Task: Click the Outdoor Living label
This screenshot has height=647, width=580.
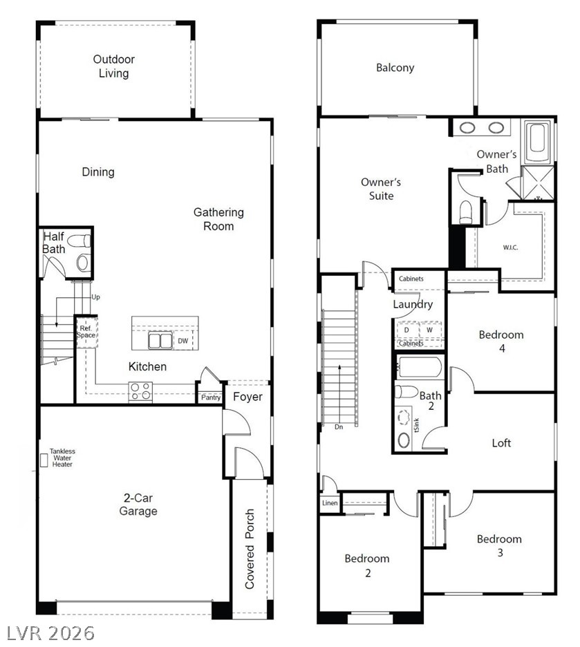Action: [x=113, y=66]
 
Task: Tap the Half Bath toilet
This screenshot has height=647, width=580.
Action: [x=79, y=241]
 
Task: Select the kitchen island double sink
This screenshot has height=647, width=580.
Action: [x=160, y=341]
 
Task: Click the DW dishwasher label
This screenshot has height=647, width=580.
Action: [x=183, y=341]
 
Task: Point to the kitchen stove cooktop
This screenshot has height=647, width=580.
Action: [x=140, y=391]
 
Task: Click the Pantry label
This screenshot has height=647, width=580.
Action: [x=211, y=397]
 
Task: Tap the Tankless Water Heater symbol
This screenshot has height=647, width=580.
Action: [x=44, y=460]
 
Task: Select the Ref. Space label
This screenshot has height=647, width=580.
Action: [x=86, y=332]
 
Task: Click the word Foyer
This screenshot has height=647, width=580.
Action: [x=247, y=397]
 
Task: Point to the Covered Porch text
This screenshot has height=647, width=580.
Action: [x=249, y=549]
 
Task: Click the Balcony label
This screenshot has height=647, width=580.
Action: [x=395, y=68]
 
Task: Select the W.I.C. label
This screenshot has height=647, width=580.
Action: [x=510, y=247]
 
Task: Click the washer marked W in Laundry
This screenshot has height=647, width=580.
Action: [x=430, y=330]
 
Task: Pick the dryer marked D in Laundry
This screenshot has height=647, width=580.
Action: [x=407, y=330]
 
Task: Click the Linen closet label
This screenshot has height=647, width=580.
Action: [x=330, y=503]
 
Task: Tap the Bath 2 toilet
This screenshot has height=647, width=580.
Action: [x=406, y=391]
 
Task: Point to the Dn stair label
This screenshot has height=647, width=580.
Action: [x=339, y=427]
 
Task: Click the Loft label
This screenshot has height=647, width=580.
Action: [x=501, y=443]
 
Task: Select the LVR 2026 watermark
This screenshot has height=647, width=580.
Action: [x=50, y=633]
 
